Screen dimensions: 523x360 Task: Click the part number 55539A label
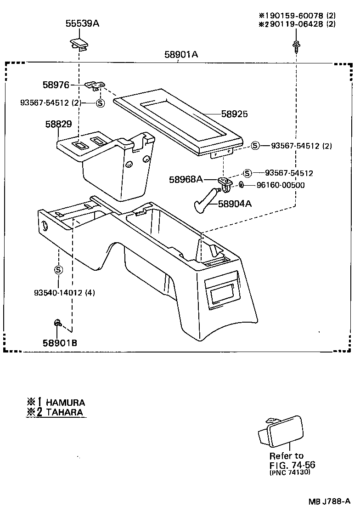click(x=82, y=23)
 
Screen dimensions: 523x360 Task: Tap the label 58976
click(x=56, y=85)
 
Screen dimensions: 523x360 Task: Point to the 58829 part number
click(x=58, y=125)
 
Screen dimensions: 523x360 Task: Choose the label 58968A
click(x=186, y=179)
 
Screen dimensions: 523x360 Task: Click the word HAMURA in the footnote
click(x=65, y=402)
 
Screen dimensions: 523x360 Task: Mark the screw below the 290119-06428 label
click(x=297, y=45)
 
